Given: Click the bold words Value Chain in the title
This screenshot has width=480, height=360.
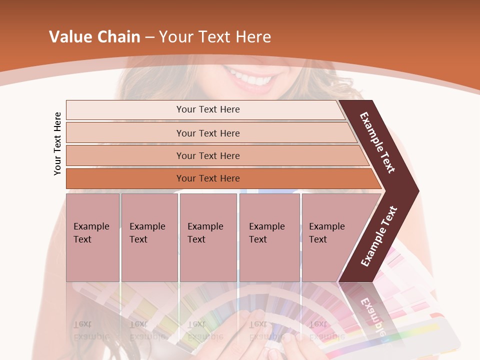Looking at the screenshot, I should click(94, 37).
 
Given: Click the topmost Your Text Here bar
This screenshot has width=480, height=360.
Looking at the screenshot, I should click(207, 109).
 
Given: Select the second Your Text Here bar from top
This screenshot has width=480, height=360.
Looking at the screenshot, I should click(207, 133).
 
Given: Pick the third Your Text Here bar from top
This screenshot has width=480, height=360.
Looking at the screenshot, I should click(207, 155).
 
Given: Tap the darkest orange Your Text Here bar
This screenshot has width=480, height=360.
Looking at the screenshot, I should click(207, 178).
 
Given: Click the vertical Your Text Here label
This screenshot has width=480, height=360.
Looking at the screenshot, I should click(58, 143).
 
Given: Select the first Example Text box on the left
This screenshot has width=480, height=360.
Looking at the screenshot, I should click(92, 237).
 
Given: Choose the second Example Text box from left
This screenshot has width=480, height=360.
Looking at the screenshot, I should click(149, 237).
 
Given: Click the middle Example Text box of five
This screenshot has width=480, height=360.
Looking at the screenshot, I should click(208, 237).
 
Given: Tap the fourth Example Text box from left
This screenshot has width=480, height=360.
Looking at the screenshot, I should click(269, 237).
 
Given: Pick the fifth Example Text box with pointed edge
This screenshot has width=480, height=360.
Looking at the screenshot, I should click(330, 237).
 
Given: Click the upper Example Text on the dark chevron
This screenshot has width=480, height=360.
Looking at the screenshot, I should click(377, 143).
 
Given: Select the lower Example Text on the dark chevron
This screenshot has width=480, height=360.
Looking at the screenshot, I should click(379, 236).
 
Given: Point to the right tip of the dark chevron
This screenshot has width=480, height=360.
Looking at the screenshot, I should click(417, 191).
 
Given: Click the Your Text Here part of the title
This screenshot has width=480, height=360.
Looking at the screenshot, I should click(215, 37).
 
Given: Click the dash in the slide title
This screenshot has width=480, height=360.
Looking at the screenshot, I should click(149, 37).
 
